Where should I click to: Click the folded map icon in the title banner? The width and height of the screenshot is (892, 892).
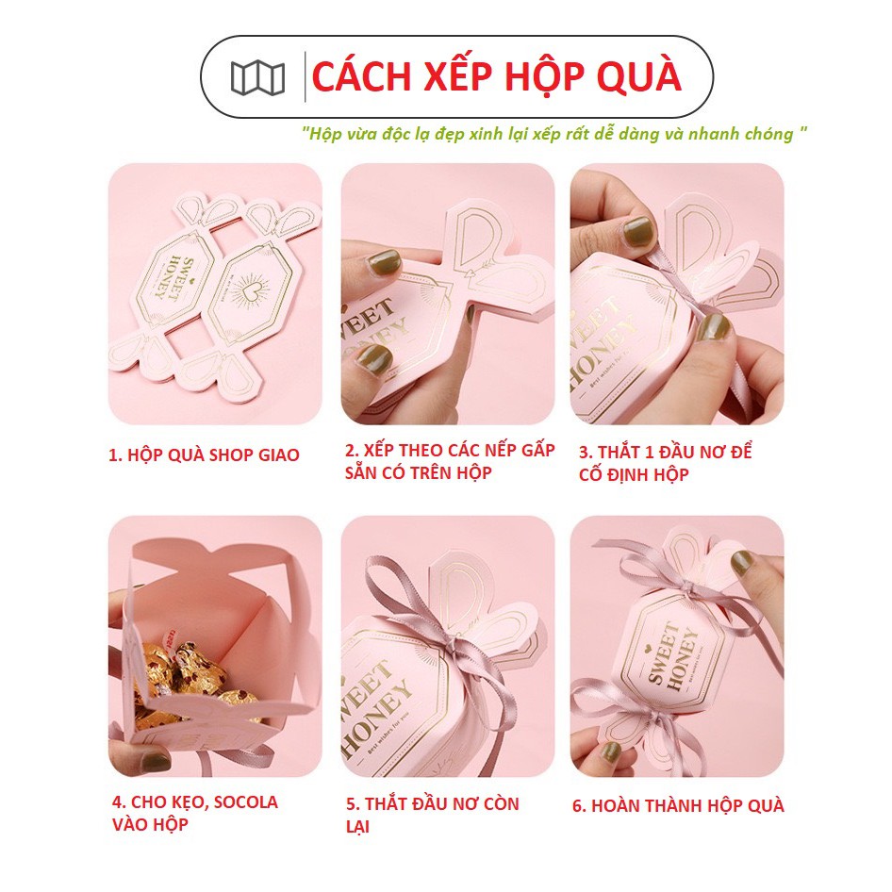[257, 77]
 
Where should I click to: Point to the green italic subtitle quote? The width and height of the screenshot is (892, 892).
[554, 134]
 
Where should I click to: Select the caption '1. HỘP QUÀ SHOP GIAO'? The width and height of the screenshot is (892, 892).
[204, 454]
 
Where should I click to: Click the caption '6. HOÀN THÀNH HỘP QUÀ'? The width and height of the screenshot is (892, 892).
[678, 805]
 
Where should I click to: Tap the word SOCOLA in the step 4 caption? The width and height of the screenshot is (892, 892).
[241, 802]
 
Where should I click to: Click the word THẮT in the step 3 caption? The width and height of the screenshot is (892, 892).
[619, 453]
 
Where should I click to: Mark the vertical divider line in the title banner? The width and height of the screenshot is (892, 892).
[306, 76]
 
